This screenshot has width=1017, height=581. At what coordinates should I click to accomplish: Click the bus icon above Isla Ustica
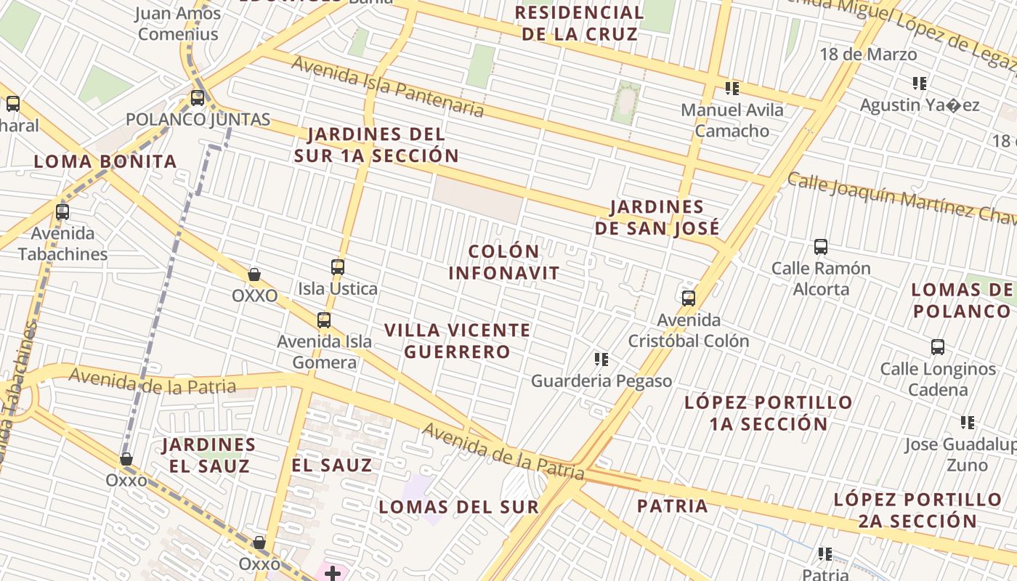[338, 267]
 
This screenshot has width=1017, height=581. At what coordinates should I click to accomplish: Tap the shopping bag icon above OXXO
[254, 275]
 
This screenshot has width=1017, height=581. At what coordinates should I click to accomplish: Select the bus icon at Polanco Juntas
[198, 97]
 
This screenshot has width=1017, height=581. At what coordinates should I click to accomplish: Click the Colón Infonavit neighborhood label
[504, 262]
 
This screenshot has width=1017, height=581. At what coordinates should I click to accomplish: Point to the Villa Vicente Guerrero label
[458, 341]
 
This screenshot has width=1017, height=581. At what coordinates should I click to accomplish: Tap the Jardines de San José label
[657, 217]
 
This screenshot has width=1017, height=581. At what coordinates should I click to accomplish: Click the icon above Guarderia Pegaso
[601, 359]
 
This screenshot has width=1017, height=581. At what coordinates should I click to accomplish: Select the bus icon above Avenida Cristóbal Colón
[689, 298]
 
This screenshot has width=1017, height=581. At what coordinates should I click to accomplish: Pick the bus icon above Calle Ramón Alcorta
[821, 246]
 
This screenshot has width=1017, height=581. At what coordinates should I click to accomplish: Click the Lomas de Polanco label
[962, 301]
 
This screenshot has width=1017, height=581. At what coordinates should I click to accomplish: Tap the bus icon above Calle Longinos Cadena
[938, 346]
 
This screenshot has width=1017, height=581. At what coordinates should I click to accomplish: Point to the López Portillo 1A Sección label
[769, 413]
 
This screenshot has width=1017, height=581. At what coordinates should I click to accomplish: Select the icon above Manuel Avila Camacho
[732, 89]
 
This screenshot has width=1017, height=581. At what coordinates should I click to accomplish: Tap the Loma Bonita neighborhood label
[105, 161]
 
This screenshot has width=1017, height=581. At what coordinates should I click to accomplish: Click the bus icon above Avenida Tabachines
[62, 212]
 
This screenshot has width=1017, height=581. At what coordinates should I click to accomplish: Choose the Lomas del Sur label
[459, 506]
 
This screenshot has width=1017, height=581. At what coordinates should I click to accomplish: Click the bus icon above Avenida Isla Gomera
[324, 320]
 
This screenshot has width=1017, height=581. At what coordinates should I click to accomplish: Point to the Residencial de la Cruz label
[580, 23]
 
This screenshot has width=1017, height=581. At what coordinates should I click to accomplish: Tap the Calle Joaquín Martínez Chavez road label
[901, 198]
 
